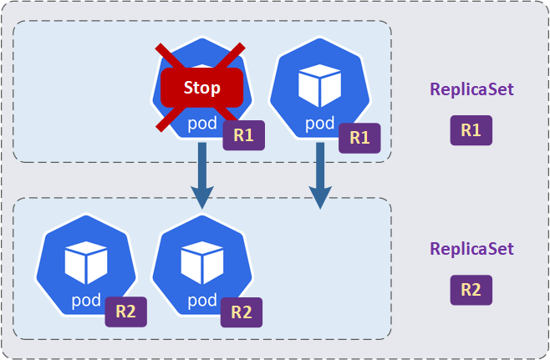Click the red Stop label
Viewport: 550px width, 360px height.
click(x=201, y=88)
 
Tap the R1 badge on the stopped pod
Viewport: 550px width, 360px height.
click(x=243, y=136)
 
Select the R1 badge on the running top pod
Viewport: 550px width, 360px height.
click(x=359, y=138)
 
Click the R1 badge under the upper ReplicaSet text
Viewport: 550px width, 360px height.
click(x=471, y=130)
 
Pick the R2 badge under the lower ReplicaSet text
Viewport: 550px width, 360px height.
click(x=471, y=290)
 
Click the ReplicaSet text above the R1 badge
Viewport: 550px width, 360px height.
click(x=471, y=89)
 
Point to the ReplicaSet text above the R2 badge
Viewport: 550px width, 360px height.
click(x=471, y=249)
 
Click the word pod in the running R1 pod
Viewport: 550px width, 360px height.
click(x=319, y=124)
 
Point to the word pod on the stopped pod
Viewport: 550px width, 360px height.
click(x=202, y=124)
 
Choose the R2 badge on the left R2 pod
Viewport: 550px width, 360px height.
click(x=125, y=312)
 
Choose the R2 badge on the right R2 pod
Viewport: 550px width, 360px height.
click(x=241, y=312)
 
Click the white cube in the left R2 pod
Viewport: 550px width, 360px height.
click(x=84, y=262)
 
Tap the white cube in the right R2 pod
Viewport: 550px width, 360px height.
click(x=201, y=262)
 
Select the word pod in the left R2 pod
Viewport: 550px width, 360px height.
click(x=85, y=299)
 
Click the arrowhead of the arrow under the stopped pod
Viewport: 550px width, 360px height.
click(x=202, y=197)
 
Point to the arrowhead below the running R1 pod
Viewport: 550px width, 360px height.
click(x=319, y=197)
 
